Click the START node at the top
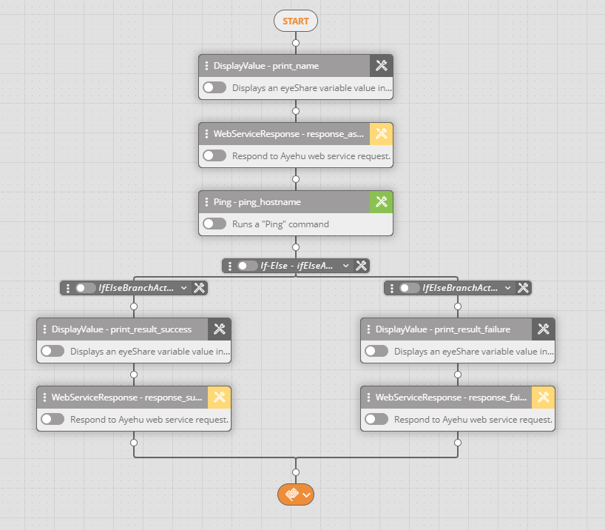click(x=295, y=21)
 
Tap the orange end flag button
click(x=296, y=494)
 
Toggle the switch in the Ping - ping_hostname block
click(x=214, y=224)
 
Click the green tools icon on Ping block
click(x=382, y=201)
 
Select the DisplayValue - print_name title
click(x=266, y=66)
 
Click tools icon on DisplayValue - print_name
click(x=382, y=66)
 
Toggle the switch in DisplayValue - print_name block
click(x=214, y=87)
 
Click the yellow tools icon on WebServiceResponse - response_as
click(x=382, y=134)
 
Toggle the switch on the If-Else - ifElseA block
click(x=248, y=266)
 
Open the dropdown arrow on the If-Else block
click(x=346, y=266)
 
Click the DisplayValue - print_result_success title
click(x=121, y=329)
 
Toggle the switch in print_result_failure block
click(x=376, y=351)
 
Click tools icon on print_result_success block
click(x=220, y=329)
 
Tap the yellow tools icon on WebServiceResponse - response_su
click(x=220, y=397)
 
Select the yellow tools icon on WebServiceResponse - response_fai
click(x=544, y=397)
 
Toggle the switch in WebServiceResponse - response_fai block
click(x=376, y=419)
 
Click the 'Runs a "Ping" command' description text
click(x=280, y=224)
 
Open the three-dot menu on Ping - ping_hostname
click(x=206, y=201)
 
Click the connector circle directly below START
click(x=296, y=44)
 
